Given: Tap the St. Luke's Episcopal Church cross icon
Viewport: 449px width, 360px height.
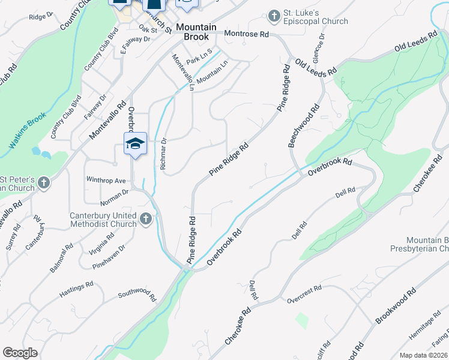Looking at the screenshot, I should [x=274, y=16].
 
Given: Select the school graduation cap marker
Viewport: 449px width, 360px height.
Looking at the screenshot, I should [x=135, y=143].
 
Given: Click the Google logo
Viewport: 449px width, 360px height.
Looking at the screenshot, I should [x=20, y=353].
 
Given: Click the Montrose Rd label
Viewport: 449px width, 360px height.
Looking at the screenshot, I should [x=246, y=35].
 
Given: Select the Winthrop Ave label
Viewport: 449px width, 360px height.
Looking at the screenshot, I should [x=106, y=180].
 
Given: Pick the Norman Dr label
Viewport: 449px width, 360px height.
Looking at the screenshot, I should [x=116, y=193].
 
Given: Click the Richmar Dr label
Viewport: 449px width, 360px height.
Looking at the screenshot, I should [x=163, y=155].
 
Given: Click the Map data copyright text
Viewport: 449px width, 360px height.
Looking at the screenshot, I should [x=424, y=355].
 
